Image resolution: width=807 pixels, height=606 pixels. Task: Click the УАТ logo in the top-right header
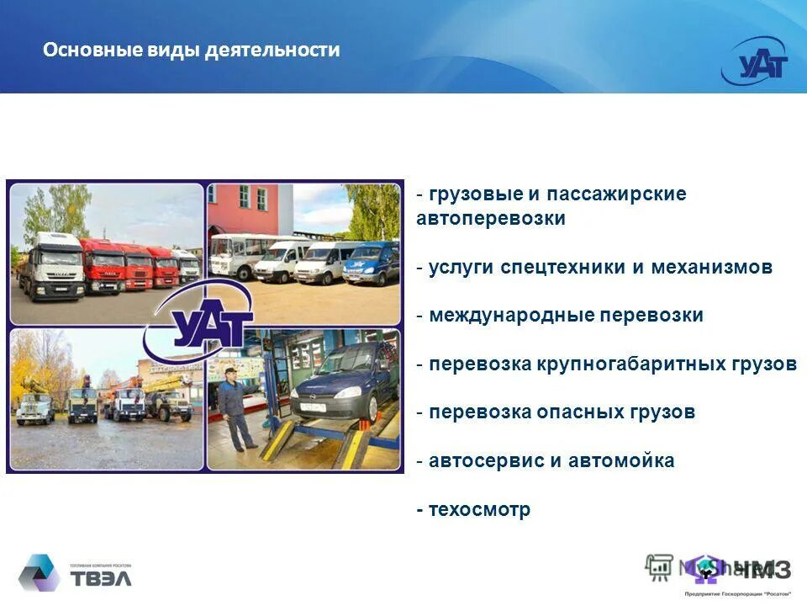[x=759, y=62]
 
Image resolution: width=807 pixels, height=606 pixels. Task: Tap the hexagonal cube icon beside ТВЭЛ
[x=39, y=573]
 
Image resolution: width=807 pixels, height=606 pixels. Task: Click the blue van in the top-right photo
[x=371, y=263]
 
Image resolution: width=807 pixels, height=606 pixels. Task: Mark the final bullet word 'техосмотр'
[x=479, y=510]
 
